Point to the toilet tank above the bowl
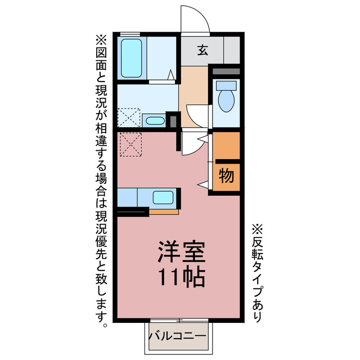point(227,85)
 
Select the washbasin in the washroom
point(154,120)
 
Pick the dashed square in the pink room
point(130,145)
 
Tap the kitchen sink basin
point(164,197)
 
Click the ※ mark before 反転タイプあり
point(256,229)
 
